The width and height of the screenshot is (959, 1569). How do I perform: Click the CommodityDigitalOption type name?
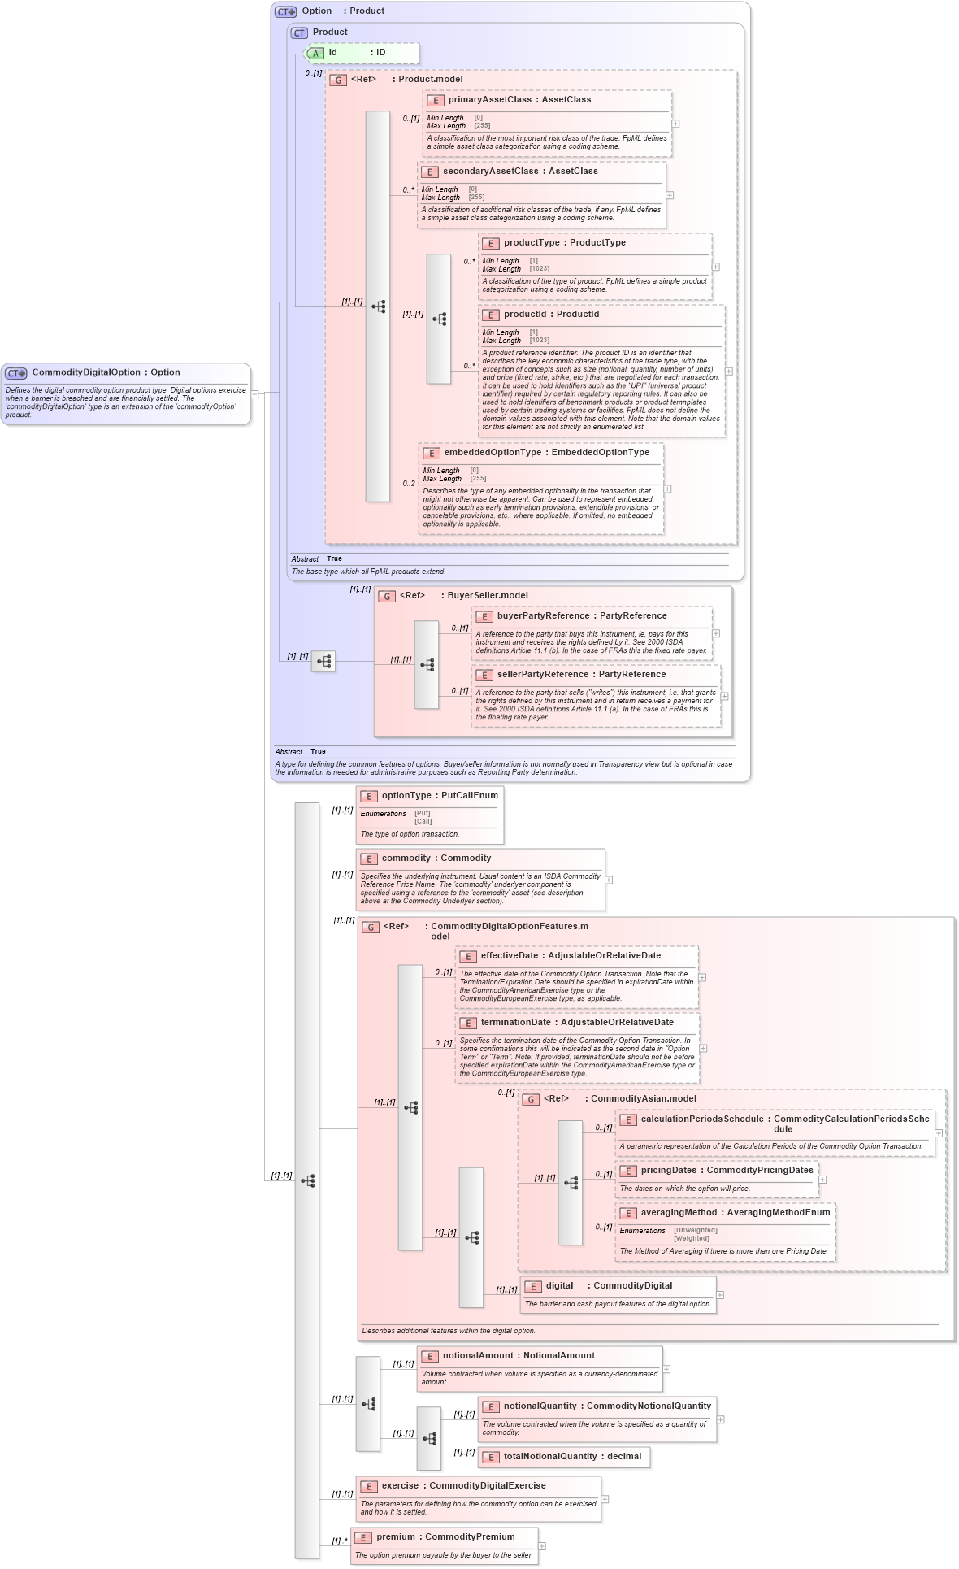[86, 372]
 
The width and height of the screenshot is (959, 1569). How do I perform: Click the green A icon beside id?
[316, 53]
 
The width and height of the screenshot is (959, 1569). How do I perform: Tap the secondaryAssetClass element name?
[490, 171]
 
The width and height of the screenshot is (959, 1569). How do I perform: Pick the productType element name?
[531, 242]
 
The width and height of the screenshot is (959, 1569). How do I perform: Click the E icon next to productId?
[490, 315]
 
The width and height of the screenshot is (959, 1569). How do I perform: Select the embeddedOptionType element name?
[492, 452]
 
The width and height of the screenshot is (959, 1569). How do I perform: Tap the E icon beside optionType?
[369, 796]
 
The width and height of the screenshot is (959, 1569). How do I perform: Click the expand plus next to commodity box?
[609, 880]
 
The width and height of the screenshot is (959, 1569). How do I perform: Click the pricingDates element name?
[668, 1170]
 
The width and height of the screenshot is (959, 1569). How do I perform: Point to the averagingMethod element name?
[679, 1212]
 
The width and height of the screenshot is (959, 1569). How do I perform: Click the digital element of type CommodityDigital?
[559, 1285]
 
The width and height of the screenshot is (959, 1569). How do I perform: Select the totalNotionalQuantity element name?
[550, 1456]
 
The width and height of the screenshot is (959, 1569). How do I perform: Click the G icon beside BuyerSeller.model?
[387, 596]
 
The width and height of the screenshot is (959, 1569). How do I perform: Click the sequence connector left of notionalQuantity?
[429, 1438]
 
